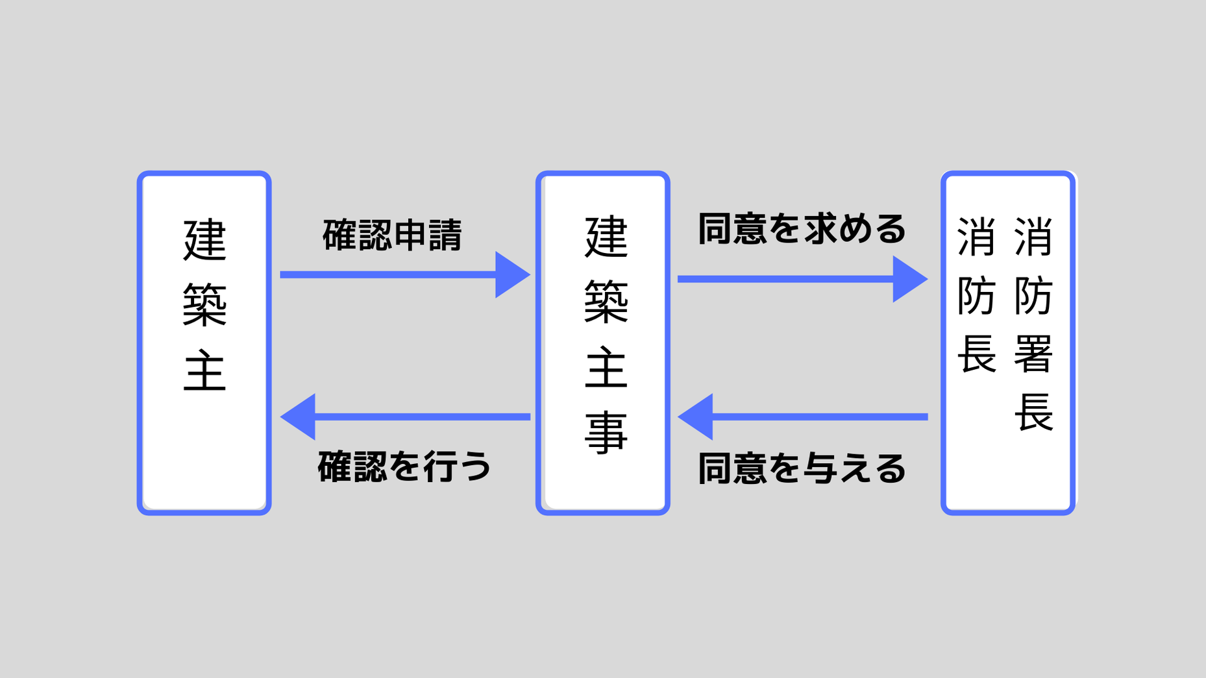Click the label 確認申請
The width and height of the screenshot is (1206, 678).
tap(392, 235)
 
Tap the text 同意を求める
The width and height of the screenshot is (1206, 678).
tap(802, 229)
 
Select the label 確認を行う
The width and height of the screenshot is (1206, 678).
tap(404, 466)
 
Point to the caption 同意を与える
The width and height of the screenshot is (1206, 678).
tap(802, 468)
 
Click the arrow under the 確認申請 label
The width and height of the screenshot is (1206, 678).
tap(389, 275)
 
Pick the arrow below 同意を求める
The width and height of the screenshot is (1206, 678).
tap(785, 279)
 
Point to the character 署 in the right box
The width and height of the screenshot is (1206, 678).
tap(1033, 354)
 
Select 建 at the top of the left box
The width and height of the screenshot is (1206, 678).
tap(204, 240)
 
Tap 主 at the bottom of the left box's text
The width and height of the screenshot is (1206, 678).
tap(204, 371)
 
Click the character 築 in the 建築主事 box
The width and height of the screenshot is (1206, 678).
tap(606, 302)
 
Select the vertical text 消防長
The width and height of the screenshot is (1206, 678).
tap(976, 295)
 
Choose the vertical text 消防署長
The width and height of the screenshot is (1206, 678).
tap(1033, 324)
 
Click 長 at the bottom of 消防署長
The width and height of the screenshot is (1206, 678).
tap(1033, 412)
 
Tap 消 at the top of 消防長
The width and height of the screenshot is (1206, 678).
tap(976, 237)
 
